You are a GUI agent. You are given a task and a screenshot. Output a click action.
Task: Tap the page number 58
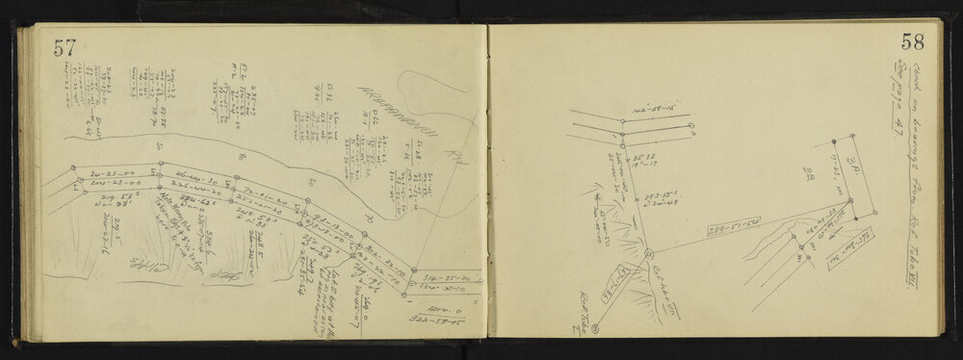913,42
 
